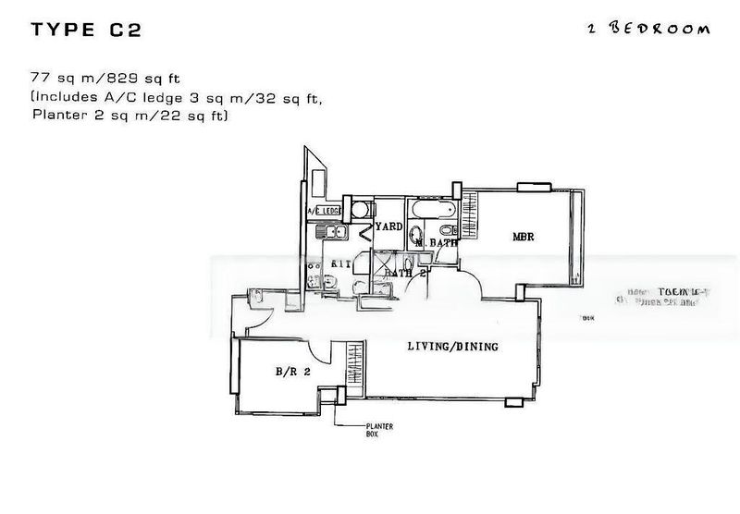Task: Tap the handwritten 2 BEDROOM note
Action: (649, 29)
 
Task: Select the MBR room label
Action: (524, 238)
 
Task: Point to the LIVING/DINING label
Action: (453, 348)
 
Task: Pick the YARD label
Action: (388, 226)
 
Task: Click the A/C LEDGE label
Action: (325, 212)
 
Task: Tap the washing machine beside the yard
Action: (362, 209)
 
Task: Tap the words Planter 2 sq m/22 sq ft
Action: (129, 116)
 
